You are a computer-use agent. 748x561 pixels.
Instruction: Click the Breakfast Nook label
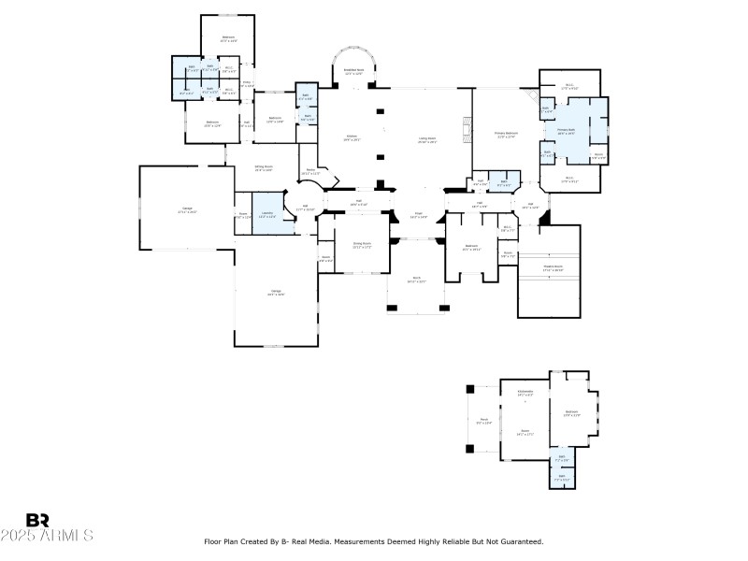(x=353, y=70)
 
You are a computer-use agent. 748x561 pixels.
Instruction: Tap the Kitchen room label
(x=352, y=137)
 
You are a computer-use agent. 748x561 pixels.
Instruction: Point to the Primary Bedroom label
(x=505, y=135)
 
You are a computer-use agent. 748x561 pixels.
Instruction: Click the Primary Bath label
(x=567, y=132)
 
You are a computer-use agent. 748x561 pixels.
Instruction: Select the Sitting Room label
(x=264, y=168)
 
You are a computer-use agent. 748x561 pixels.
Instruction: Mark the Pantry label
(x=312, y=171)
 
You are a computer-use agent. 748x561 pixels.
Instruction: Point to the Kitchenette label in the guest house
(x=525, y=394)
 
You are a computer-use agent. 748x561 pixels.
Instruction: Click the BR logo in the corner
(x=37, y=520)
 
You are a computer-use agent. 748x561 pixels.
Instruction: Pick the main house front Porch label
(x=417, y=279)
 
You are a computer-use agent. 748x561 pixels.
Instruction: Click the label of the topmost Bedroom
(x=228, y=38)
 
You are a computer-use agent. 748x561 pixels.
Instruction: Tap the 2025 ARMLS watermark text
(x=47, y=537)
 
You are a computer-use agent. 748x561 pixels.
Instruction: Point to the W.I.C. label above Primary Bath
(x=569, y=87)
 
